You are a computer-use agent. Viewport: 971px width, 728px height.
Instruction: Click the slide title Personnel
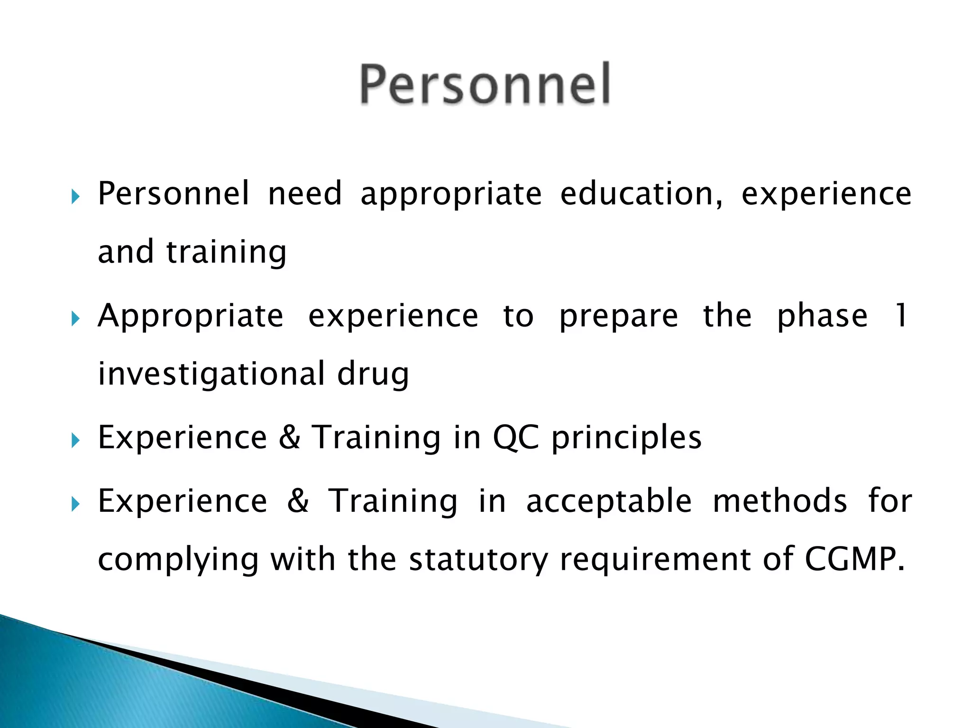[485, 84]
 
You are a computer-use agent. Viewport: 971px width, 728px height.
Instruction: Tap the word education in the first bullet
[641, 194]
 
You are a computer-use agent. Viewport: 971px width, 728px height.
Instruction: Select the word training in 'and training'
[226, 252]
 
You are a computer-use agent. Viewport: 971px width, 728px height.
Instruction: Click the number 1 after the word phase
[900, 316]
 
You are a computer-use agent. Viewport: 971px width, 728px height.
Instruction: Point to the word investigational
[211, 373]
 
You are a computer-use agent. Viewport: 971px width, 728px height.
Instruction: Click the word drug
[373, 374]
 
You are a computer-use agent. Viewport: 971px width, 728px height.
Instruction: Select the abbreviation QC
[515, 437]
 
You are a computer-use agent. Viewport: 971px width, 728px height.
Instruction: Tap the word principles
[626, 438]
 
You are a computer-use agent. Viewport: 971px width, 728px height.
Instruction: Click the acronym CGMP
[854, 559]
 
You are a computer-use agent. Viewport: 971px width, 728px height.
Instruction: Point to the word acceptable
[609, 501]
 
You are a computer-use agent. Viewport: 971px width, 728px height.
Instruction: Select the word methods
[779, 500]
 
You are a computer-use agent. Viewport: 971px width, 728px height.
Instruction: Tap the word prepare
[618, 317]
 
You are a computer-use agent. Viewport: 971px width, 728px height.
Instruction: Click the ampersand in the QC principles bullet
[289, 437]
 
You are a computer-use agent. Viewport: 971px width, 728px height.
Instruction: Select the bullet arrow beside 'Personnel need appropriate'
[75, 196]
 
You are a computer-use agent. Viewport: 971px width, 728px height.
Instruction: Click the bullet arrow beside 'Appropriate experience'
[75, 318]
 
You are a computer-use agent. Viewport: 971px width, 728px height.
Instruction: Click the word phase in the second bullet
[822, 317]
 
